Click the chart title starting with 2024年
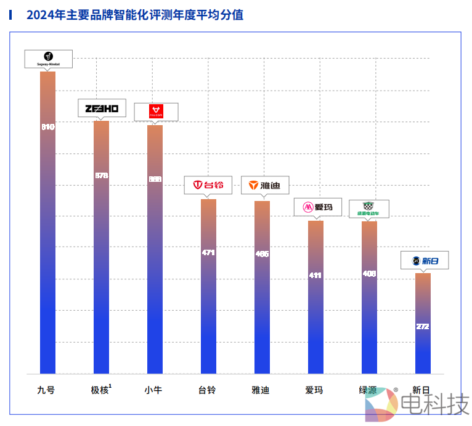click(x=134, y=15)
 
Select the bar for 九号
click(x=47, y=222)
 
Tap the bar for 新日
click(x=423, y=323)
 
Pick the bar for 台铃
click(x=208, y=286)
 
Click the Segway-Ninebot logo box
click(x=48, y=59)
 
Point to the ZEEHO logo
click(x=102, y=109)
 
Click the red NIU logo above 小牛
click(x=156, y=112)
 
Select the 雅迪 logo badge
click(x=264, y=185)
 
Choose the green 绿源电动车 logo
click(x=368, y=208)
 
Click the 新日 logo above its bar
click(x=425, y=260)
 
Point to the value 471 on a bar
click(x=208, y=253)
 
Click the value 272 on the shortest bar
click(x=423, y=327)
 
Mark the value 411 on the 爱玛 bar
click(x=315, y=276)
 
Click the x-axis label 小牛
click(x=154, y=390)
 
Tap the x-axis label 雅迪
click(x=261, y=390)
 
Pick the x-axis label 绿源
click(x=368, y=390)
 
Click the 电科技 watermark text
click(x=434, y=404)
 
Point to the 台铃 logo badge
click(x=208, y=185)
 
